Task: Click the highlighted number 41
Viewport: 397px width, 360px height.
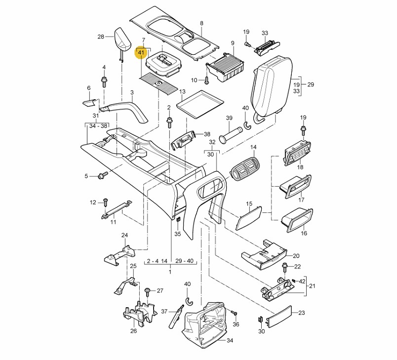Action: pos(141,52)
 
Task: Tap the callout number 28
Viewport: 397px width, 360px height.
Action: pos(101,37)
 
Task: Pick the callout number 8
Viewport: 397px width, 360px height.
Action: pos(201,24)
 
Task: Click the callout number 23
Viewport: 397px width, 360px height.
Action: pos(302,313)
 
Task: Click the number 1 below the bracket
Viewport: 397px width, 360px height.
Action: pos(170,272)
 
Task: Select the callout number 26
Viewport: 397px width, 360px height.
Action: pos(133,331)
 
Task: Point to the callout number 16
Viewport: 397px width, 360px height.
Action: pos(304,233)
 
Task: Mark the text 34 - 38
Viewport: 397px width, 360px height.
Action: pos(98,126)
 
